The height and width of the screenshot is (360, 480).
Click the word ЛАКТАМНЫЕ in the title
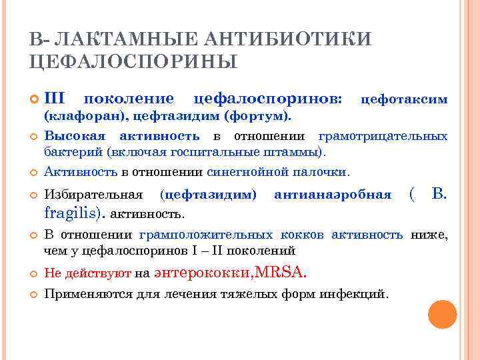click(106, 38)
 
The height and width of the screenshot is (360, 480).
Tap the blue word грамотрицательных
click(383, 137)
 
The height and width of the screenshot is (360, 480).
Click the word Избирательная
click(93, 195)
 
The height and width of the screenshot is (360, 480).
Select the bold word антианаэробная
click(333, 195)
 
